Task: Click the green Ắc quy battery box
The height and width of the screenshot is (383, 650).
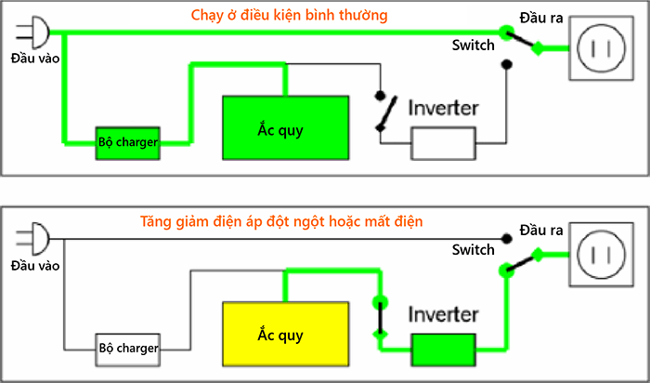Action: (285, 127)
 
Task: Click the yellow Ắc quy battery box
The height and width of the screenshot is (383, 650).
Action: (285, 333)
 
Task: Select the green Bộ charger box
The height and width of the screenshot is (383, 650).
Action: (127, 143)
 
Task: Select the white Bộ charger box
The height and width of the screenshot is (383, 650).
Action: (127, 349)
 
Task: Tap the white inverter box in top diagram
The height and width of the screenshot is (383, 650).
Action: (443, 143)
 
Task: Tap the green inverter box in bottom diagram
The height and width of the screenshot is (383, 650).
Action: (443, 350)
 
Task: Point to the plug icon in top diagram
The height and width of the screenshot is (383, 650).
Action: (31, 33)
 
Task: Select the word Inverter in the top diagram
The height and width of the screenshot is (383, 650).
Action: (443, 107)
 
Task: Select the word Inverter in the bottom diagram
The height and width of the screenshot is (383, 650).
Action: (443, 314)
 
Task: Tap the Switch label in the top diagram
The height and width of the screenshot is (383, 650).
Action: (473, 45)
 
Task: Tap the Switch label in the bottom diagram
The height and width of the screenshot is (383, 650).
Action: (473, 250)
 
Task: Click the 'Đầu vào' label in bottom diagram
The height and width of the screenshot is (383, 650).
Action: (34, 266)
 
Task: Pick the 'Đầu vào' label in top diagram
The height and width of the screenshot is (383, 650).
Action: (34, 59)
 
